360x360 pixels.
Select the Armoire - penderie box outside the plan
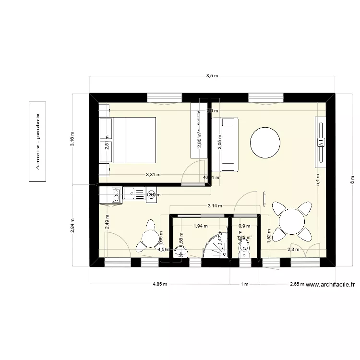click(38, 142)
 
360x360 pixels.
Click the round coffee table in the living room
click(265, 142)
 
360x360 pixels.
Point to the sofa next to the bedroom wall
click(228, 144)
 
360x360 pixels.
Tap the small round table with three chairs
click(150, 236)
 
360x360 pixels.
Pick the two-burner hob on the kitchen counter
click(116, 194)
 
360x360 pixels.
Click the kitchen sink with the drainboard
click(134, 194)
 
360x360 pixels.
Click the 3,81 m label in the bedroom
click(154, 175)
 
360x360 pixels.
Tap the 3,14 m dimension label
click(215, 206)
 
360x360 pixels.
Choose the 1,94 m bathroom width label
click(200, 226)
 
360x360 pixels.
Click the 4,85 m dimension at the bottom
click(160, 284)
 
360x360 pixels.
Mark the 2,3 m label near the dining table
click(293, 250)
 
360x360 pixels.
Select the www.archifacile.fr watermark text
click(330, 284)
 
